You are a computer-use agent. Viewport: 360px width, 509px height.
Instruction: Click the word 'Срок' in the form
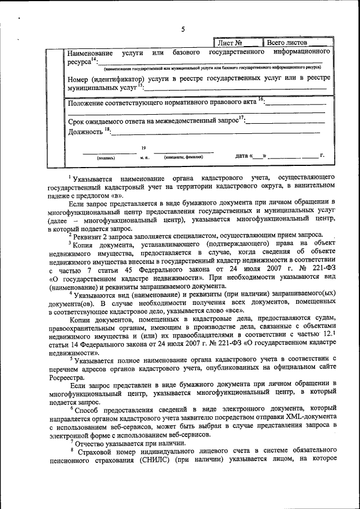[76, 121]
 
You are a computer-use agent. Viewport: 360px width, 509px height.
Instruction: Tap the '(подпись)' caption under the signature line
[106, 158]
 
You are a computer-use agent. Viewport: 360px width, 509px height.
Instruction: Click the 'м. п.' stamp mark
[145, 158]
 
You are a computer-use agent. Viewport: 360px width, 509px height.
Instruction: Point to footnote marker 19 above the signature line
[143, 147]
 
